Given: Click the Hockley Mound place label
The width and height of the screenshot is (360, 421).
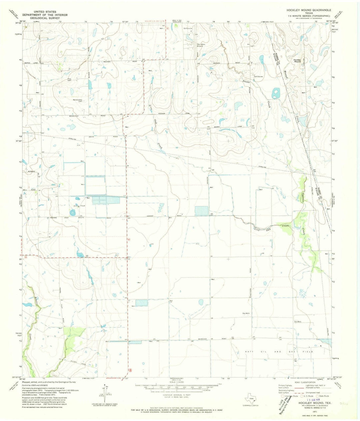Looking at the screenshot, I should pos(297,61).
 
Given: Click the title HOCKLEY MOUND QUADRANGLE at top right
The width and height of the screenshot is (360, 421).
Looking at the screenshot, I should pos(309,11).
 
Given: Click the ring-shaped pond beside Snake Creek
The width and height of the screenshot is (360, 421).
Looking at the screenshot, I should pos(276,93).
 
